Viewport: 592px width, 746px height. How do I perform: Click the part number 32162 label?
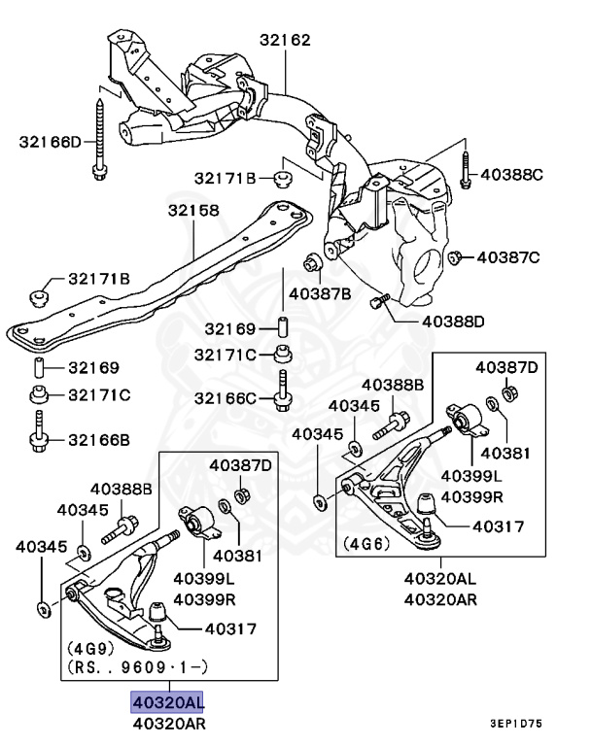point(285,41)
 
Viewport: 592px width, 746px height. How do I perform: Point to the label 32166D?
point(51,143)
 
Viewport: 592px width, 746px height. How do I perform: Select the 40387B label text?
point(319,292)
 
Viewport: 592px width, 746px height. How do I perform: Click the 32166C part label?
point(225,397)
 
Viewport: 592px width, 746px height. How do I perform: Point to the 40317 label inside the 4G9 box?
point(229,627)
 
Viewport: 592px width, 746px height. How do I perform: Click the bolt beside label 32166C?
point(283,391)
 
